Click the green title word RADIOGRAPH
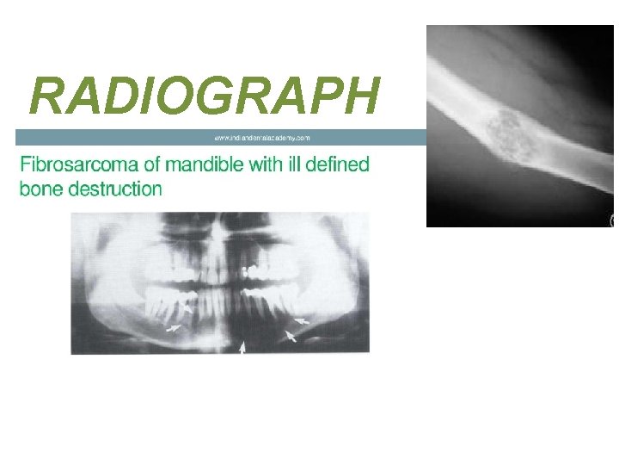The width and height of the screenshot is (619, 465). tap(204, 96)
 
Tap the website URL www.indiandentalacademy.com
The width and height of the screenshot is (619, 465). tap(261, 137)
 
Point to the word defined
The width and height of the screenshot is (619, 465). tap(339, 164)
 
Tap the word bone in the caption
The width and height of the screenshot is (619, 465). tap(38, 189)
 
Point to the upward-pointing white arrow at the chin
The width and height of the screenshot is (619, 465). tap(242, 346)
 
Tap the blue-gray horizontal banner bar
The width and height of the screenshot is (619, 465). tap(129, 137)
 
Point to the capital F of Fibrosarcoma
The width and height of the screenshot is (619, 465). tap(26, 164)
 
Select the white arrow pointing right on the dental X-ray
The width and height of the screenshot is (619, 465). tap(175, 328)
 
